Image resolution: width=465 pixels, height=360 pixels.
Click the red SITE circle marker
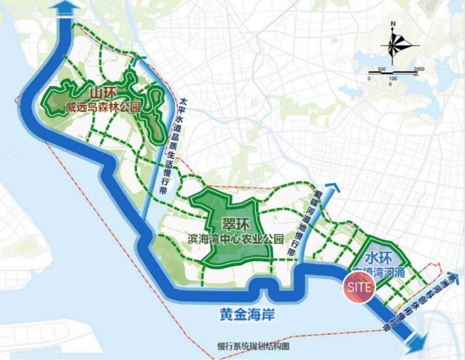[x=358, y=286]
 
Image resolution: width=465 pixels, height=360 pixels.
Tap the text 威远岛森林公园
[x=103, y=109]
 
